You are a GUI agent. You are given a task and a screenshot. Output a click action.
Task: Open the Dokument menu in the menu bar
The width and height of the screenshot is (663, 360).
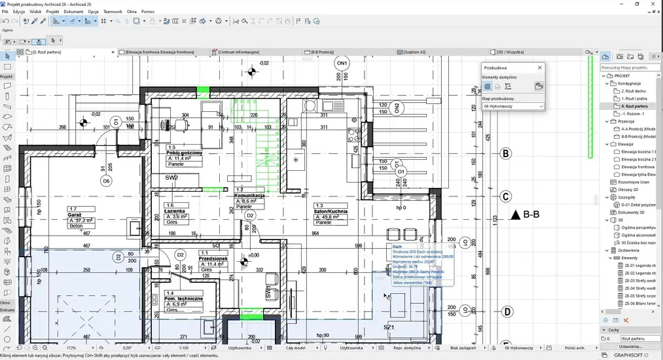tap(73, 12)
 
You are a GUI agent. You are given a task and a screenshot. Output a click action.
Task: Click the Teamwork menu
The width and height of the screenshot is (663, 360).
tap(113, 12)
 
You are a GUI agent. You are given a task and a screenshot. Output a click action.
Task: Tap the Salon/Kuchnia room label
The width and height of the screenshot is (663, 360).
tap(331, 212)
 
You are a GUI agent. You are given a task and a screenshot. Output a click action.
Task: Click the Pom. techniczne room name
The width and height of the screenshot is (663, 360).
tap(185, 299)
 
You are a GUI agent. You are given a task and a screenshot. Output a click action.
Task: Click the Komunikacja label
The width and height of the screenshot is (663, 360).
tap(249, 195)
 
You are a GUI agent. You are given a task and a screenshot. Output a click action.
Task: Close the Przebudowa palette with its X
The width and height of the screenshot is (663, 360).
tap(539, 67)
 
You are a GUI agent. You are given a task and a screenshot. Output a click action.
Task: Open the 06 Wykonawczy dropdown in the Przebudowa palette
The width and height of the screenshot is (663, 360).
tap(514, 105)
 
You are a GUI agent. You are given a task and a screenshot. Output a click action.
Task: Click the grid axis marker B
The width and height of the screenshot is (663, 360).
tap(505, 154)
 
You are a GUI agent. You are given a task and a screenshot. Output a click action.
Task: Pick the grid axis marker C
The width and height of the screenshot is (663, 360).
tap(505, 196)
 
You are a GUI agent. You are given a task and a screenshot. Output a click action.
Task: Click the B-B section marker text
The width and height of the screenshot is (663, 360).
tap(530, 214)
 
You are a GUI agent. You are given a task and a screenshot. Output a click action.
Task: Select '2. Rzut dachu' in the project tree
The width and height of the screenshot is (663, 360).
tap(632, 90)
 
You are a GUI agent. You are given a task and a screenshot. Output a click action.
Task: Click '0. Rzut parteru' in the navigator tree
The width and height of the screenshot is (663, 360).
tap(634, 105)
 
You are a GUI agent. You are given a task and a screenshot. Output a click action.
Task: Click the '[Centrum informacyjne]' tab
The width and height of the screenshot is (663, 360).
tap(239, 52)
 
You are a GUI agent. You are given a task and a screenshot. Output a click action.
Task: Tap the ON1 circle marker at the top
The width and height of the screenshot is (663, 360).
tap(342, 63)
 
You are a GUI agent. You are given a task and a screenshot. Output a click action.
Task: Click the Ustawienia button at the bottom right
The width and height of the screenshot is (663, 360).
tap(631, 346)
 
